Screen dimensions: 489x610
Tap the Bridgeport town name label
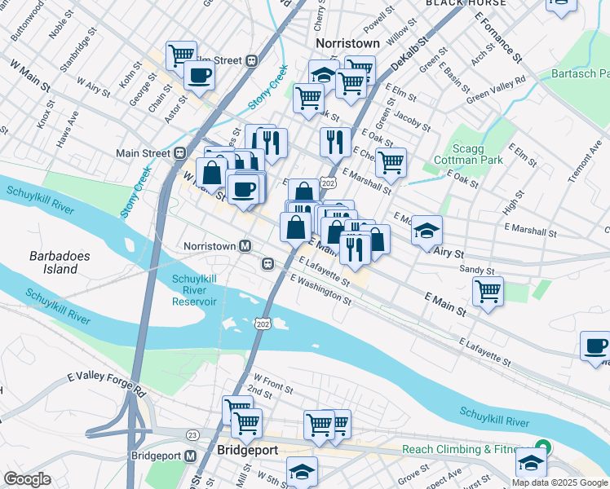247,450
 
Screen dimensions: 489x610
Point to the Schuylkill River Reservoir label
194,290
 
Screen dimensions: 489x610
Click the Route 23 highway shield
192,435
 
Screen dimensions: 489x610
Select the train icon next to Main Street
179,152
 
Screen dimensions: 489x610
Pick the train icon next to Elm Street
252,60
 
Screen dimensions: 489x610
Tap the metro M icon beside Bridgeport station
191,456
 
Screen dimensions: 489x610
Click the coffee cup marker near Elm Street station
199,77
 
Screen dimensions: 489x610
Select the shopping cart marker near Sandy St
488,291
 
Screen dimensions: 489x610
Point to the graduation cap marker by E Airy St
427,231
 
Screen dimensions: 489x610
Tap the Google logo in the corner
28,478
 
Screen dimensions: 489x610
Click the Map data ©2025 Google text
559,482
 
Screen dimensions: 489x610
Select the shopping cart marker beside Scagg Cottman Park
391,161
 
